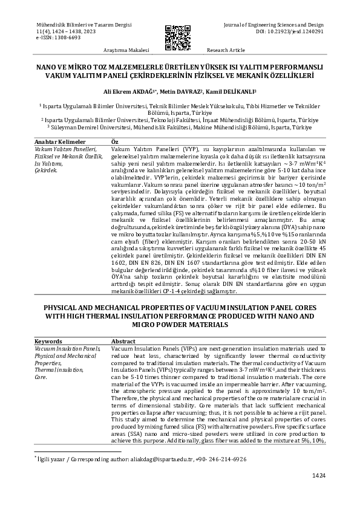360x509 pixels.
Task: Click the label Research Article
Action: point(226,50)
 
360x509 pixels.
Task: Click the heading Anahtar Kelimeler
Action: point(60,141)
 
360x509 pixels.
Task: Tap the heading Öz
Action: point(116,141)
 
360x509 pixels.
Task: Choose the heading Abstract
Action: point(123,342)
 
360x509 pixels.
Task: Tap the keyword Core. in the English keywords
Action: point(41,376)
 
